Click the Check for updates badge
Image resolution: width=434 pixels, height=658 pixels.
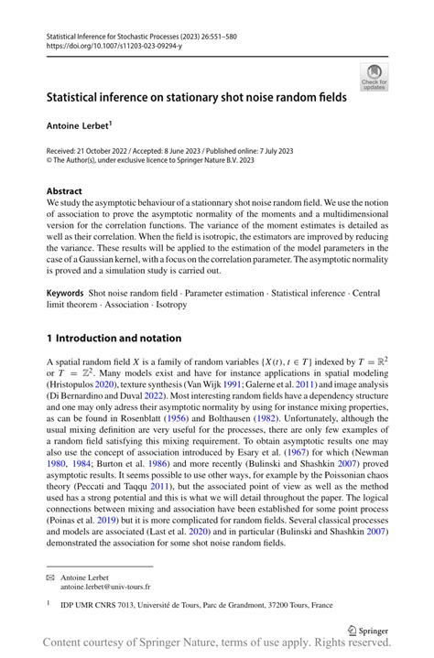click(x=374, y=77)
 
